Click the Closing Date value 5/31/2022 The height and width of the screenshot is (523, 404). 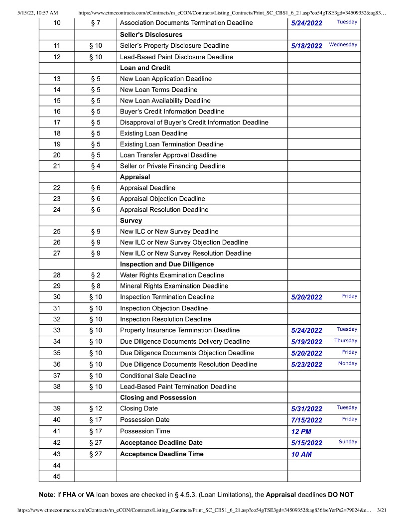[306, 409]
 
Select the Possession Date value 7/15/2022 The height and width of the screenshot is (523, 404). [306, 420]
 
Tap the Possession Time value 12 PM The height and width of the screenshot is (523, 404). [301, 431]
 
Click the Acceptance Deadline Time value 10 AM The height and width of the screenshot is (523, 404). [301, 454]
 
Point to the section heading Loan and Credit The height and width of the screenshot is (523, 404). [145, 68]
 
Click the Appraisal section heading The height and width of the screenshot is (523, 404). [135, 177]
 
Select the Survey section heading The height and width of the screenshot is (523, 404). [131, 220]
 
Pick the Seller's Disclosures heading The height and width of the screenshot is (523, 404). [151, 35]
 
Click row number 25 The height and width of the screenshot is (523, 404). [57, 232]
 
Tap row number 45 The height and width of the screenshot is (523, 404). [57, 477]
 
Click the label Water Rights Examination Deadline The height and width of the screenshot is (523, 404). [172, 275]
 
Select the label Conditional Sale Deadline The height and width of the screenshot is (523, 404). [158, 376]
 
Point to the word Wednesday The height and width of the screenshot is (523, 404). [343, 45]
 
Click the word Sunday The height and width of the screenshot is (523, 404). [348, 442]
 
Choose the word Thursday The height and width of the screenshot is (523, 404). [346, 341]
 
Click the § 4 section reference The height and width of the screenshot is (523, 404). [96, 166]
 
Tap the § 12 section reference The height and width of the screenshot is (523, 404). [96, 408]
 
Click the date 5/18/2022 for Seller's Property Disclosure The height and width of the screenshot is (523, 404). [306, 46]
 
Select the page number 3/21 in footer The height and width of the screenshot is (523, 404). [382, 510]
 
